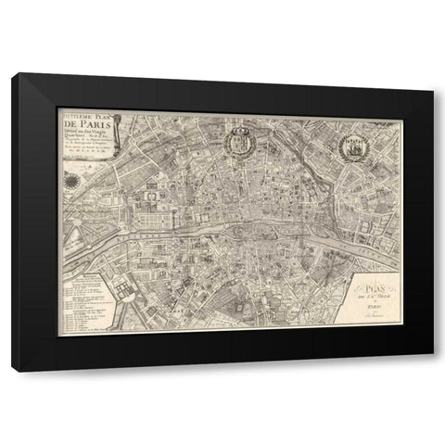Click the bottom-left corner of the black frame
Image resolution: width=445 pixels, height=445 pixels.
tap(13, 370)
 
